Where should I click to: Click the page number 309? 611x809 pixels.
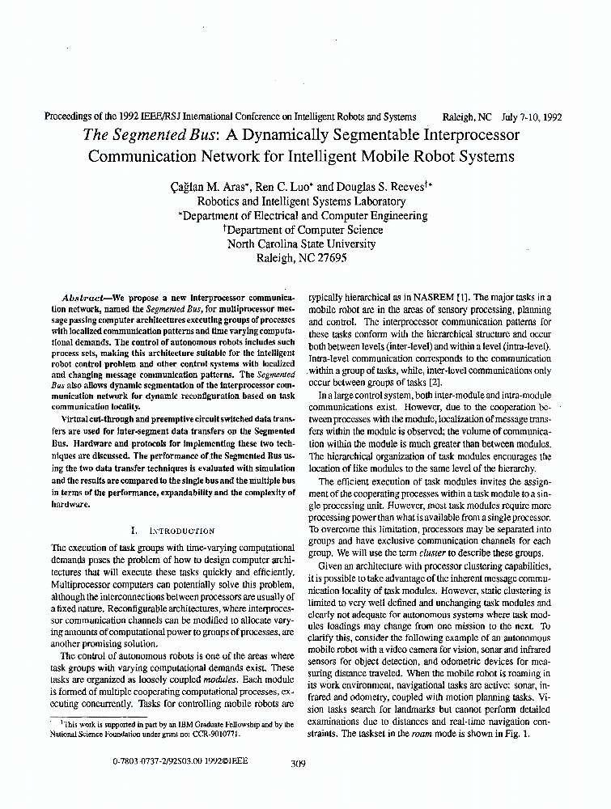pos(296,761)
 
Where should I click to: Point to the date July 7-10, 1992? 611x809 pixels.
pos(526,116)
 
